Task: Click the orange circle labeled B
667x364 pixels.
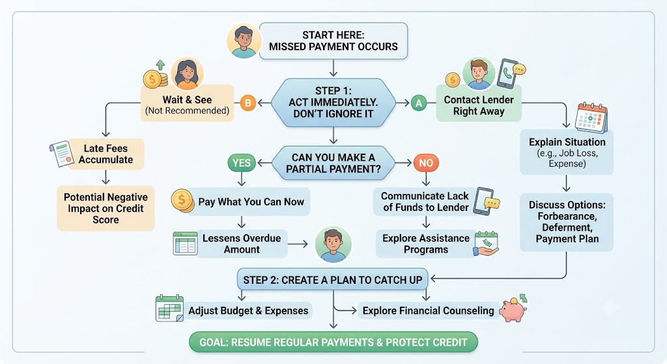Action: (248, 103)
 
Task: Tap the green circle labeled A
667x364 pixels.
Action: (419, 103)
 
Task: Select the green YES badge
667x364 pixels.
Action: (242, 163)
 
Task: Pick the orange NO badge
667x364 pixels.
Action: (426, 163)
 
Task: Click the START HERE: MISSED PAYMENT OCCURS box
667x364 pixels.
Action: (333, 41)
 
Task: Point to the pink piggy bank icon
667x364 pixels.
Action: (513, 308)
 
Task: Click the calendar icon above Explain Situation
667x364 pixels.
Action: (591, 117)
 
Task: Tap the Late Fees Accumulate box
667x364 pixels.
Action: (106, 154)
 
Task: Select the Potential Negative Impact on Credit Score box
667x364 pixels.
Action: (106, 208)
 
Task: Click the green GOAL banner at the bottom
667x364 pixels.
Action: (333, 343)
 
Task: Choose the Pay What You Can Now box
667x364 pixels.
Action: (248, 202)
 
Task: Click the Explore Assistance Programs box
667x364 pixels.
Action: (425, 244)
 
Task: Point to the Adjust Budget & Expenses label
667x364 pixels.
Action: (248, 311)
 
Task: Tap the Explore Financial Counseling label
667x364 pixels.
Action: (428, 311)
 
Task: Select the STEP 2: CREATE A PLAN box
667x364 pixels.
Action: (333, 280)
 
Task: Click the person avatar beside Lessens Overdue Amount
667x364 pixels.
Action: (333, 244)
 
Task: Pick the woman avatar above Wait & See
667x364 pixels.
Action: (187, 73)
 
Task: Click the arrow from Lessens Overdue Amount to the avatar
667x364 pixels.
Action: (298, 244)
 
